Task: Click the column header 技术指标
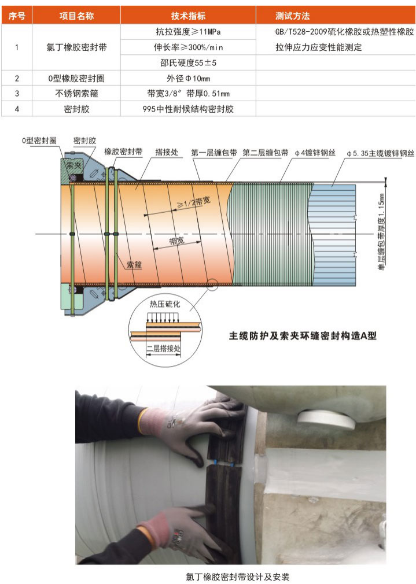188,16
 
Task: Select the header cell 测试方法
293,16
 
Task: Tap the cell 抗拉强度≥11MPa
188,32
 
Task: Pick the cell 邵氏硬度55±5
188,62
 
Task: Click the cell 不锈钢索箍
76,94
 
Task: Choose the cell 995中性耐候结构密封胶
188,109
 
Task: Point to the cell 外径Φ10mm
188,78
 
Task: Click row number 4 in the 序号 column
17,109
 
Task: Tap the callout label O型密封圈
39,141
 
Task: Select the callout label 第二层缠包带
266,152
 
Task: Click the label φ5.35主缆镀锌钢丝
380,153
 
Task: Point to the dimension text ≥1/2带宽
193,202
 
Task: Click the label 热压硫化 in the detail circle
165,304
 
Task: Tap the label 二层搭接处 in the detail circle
163,348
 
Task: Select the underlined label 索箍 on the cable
134,265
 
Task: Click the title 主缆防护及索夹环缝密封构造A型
303,335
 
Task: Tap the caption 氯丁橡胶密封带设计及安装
237,577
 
